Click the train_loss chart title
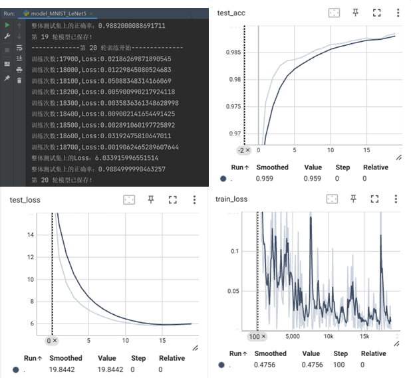(x=231, y=199)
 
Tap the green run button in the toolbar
(x=7, y=25)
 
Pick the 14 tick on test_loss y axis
(x=29, y=235)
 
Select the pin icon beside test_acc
(x=356, y=13)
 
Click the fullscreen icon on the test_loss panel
(x=172, y=199)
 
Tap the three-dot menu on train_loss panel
(x=398, y=199)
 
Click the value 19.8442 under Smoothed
(x=61, y=369)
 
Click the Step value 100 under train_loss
(x=340, y=365)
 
